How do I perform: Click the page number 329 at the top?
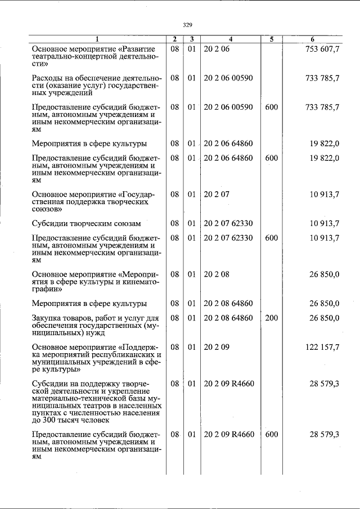tap(187, 24)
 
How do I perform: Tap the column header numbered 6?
tap(313, 39)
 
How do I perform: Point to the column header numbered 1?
tap(97, 39)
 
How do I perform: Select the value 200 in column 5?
tap(271, 318)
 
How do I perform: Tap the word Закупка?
tap(48, 318)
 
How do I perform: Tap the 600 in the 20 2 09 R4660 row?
tap(271, 435)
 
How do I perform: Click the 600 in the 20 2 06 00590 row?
tap(271, 107)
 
